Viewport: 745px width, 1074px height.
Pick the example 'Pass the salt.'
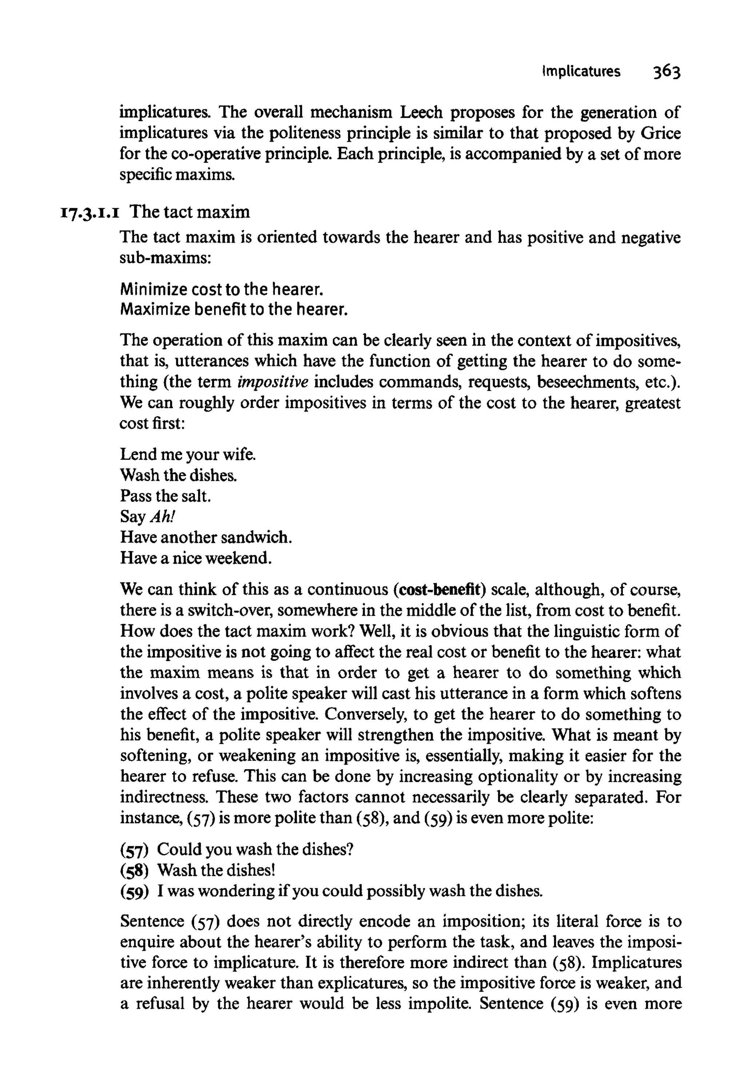tap(166, 495)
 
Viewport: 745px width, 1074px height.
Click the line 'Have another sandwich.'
tap(206, 537)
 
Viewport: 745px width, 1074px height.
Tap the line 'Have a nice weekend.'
tap(196, 558)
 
